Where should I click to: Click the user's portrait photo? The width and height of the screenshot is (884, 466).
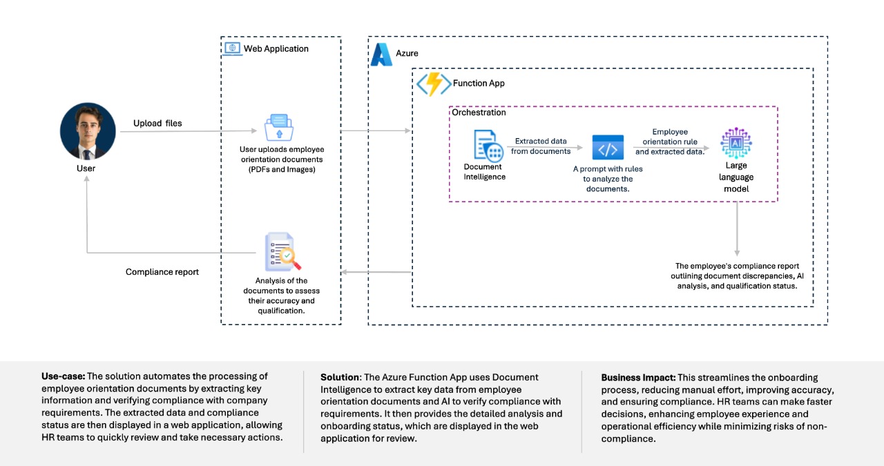tap(88, 131)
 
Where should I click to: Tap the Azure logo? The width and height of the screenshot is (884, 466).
tap(381, 55)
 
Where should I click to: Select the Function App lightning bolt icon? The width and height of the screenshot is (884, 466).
tap(433, 84)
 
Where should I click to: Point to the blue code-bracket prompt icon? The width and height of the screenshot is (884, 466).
tap(608, 147)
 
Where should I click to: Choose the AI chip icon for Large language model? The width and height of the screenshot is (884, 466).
tap(736, 142)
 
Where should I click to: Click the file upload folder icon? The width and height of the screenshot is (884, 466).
tap(279, 128)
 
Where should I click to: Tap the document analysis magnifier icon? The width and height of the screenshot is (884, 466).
tap(282, 252)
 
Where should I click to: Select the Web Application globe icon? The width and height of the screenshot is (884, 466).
tap(233, 48)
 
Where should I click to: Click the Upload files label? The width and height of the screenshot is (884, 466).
tap(157, 123)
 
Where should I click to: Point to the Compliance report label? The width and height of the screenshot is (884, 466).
tap(162, 272)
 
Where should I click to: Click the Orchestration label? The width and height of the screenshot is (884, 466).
tap(479, 113)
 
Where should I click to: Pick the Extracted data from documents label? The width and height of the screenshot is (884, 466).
tap(541, 146)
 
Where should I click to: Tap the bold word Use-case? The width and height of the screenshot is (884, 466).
tap(63, 376)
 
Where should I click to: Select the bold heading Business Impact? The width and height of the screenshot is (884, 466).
tap(638, 378)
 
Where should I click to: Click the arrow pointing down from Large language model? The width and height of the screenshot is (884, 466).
tap(737, 229)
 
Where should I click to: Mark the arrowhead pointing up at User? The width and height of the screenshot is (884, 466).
tap(86, 179)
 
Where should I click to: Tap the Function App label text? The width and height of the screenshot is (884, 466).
tap(479, 84)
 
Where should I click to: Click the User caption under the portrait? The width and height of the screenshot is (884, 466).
tap(86, 168)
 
